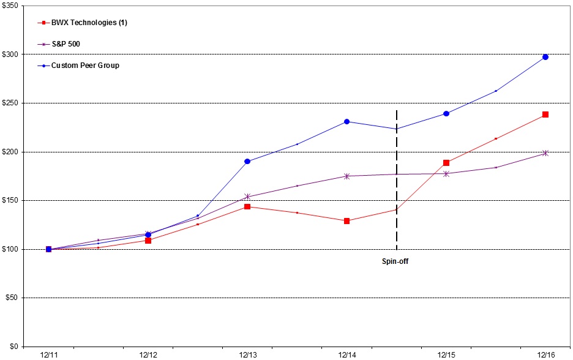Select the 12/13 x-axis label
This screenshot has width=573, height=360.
pyautogui.click(x=247, y=354)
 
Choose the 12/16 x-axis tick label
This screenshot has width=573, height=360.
pyautogui.click(x=545, y=354)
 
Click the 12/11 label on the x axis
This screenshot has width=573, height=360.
pyautogui.click(x=48, y=354)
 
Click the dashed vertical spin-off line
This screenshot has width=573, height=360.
pyautogui.click(x=397, y=184)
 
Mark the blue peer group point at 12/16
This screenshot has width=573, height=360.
pyautogui.click(x=545, y=57)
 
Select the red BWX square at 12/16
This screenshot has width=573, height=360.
pyautogui.click(x=545, y=114)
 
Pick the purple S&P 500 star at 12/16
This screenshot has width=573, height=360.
pyautogui.click(x=545, y=153)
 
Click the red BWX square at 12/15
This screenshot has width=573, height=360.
pyautogui.click(x=446, y=163)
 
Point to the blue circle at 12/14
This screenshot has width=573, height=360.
pyautogui.click(x=347, y=121)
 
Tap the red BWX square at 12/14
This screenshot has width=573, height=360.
pyautogui.click(x=347, y=221)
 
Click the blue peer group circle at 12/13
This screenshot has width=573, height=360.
pyautogui.click(x=247, y=161)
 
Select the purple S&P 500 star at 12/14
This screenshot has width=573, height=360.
pyautogui.click(x=347, y=176)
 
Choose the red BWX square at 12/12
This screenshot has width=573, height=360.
pyautogui.click(x=148, y=241)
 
